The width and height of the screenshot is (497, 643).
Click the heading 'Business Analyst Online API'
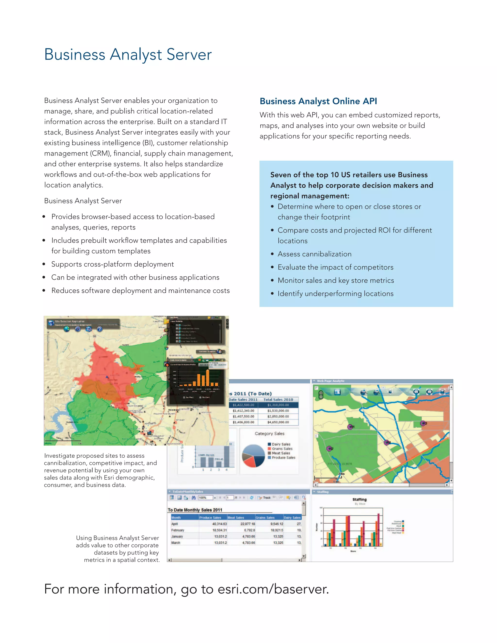pyautogui.click(x=318, y=101)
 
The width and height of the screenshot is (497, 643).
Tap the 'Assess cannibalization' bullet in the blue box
pyautogui.click(x=314, y=254)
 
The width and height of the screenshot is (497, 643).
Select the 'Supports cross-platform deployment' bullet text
pyautogui.click(x=112, y=264)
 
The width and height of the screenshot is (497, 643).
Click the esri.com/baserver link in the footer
pyautogui.click(x=273, y=589)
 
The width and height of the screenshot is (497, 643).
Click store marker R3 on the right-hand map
pyautogui.click(x=423, y=423)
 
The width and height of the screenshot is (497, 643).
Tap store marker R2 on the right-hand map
pyautogui.click(x=330, y=449)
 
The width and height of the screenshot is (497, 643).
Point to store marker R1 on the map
pyautogui.click(x=350, y=427)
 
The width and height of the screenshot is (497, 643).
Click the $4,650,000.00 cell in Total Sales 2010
pyautogui.click(x=278, y=422)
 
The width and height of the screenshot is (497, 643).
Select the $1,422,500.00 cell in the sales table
pyautogui.click(x=243, y=405)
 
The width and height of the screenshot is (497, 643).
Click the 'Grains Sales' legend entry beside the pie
pyautogui.click(x=282, y=449)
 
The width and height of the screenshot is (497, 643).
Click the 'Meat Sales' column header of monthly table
pyautogui.click(x=236, y=518)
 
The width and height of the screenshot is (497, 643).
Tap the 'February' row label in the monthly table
pyautogui.click(x=178, y=530)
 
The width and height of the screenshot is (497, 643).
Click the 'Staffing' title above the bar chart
pyautogui.click(x=359, y=500)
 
